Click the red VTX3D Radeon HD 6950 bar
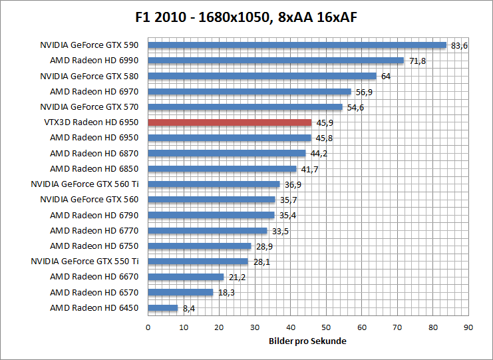click(230, 122)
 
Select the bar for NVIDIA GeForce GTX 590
click(297, 45)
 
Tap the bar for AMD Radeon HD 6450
click(163, 308)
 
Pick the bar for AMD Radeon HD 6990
click(275, 61)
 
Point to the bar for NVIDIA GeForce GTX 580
click(261, 76)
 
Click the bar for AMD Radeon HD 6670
click(186, 277)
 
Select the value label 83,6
click(459, 45)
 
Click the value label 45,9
click(324, 122)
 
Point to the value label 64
click(386, 76)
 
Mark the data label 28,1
click(260, 262)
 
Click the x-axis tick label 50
click(326, 327)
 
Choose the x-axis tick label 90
click(468, 327)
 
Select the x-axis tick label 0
click(148, 327)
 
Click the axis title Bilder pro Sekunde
click(307, 341)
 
